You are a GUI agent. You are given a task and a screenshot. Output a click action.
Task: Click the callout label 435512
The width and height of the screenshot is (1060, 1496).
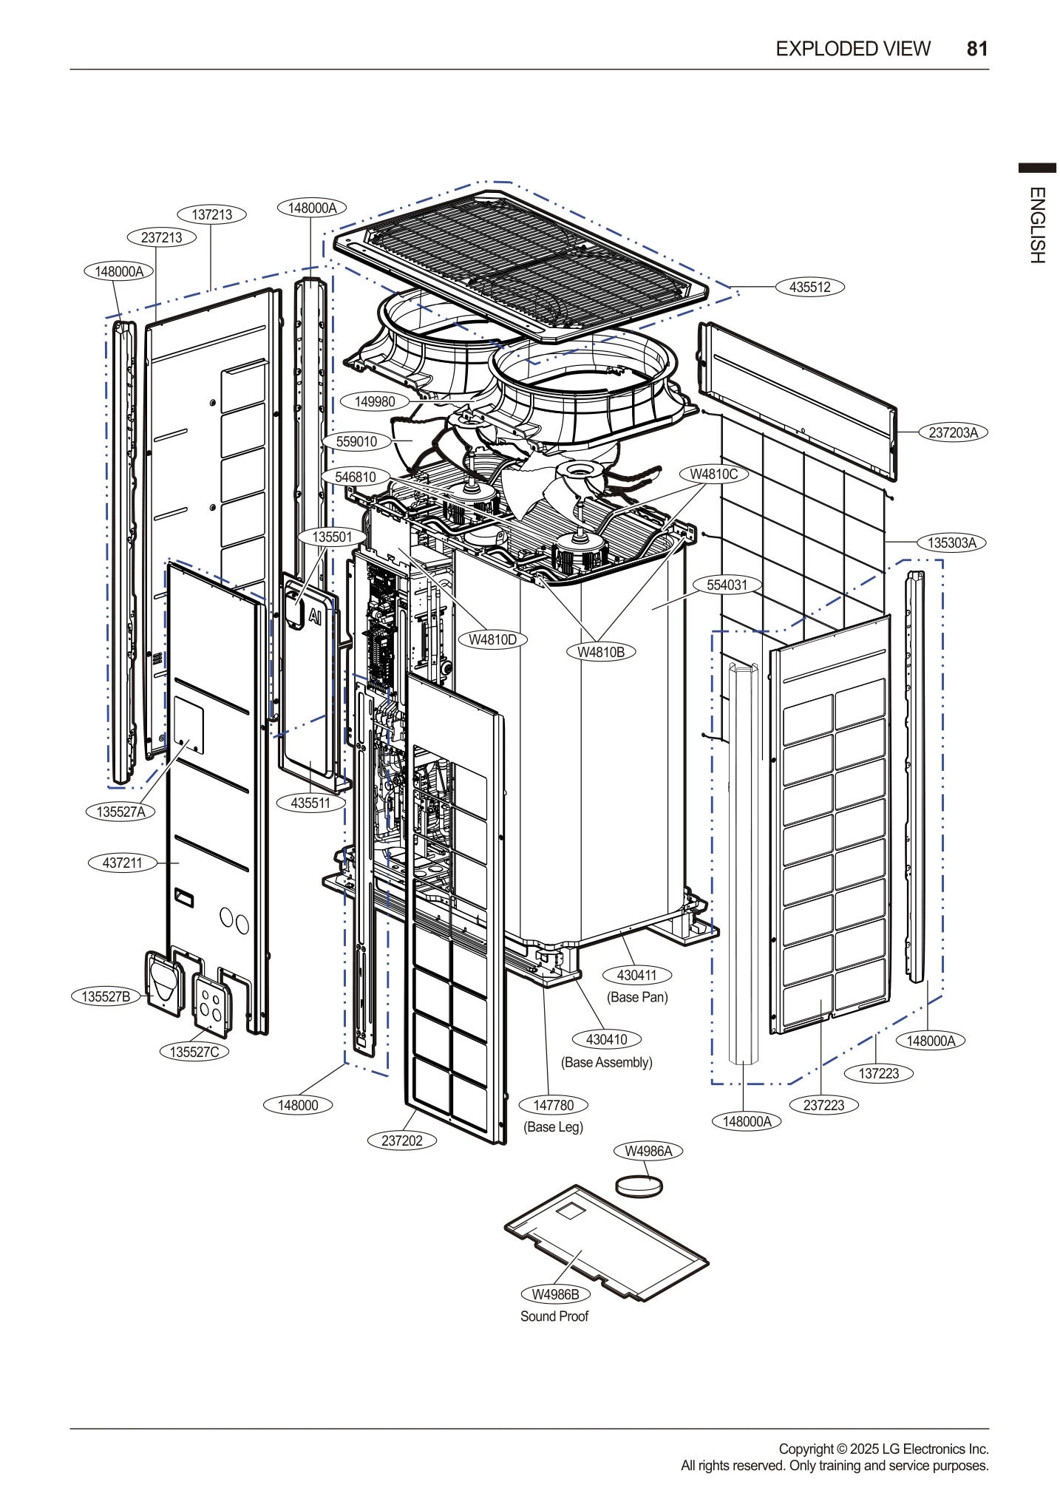[x=809, y=288]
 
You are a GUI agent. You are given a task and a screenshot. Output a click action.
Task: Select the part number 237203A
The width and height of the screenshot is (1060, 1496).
[x=953, y=433]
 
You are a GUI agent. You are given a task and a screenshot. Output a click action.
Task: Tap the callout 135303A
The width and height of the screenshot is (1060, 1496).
[x=951, y=543]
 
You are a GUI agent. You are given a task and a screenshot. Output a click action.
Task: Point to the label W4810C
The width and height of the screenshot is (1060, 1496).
[x=713, y=475]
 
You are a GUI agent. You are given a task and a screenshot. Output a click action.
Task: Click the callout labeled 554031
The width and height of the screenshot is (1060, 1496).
[x=727, y=585]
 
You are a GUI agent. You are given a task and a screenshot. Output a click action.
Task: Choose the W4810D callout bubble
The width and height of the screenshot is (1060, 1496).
[x=492, y=640]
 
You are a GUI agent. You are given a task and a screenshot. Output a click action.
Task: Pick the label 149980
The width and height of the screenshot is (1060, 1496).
[x=375, y=402]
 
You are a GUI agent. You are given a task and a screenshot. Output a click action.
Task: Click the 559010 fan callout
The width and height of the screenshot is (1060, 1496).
[x=356, y=442]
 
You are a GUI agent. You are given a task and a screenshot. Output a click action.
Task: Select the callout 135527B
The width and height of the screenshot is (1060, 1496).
[x=106, y=997]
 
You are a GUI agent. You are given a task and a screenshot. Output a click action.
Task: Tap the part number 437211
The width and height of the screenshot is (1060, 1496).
[x=122, y=863]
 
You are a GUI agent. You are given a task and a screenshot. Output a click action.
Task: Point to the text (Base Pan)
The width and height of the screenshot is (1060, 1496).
[x=637, y=998]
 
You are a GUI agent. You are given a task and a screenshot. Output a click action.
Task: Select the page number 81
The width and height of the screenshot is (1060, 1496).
[x=976, y=49]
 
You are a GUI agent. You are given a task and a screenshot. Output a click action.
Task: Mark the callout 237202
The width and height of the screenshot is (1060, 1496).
[x=401, y=1141]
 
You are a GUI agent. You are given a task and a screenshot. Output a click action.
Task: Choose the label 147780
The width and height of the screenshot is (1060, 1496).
[x=554, y=1106]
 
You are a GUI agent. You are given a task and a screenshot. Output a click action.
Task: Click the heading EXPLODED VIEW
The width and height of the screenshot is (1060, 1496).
[x=852, y=49]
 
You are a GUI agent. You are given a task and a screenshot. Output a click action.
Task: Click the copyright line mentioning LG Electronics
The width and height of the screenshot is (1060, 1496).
[x=883, y=1449]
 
